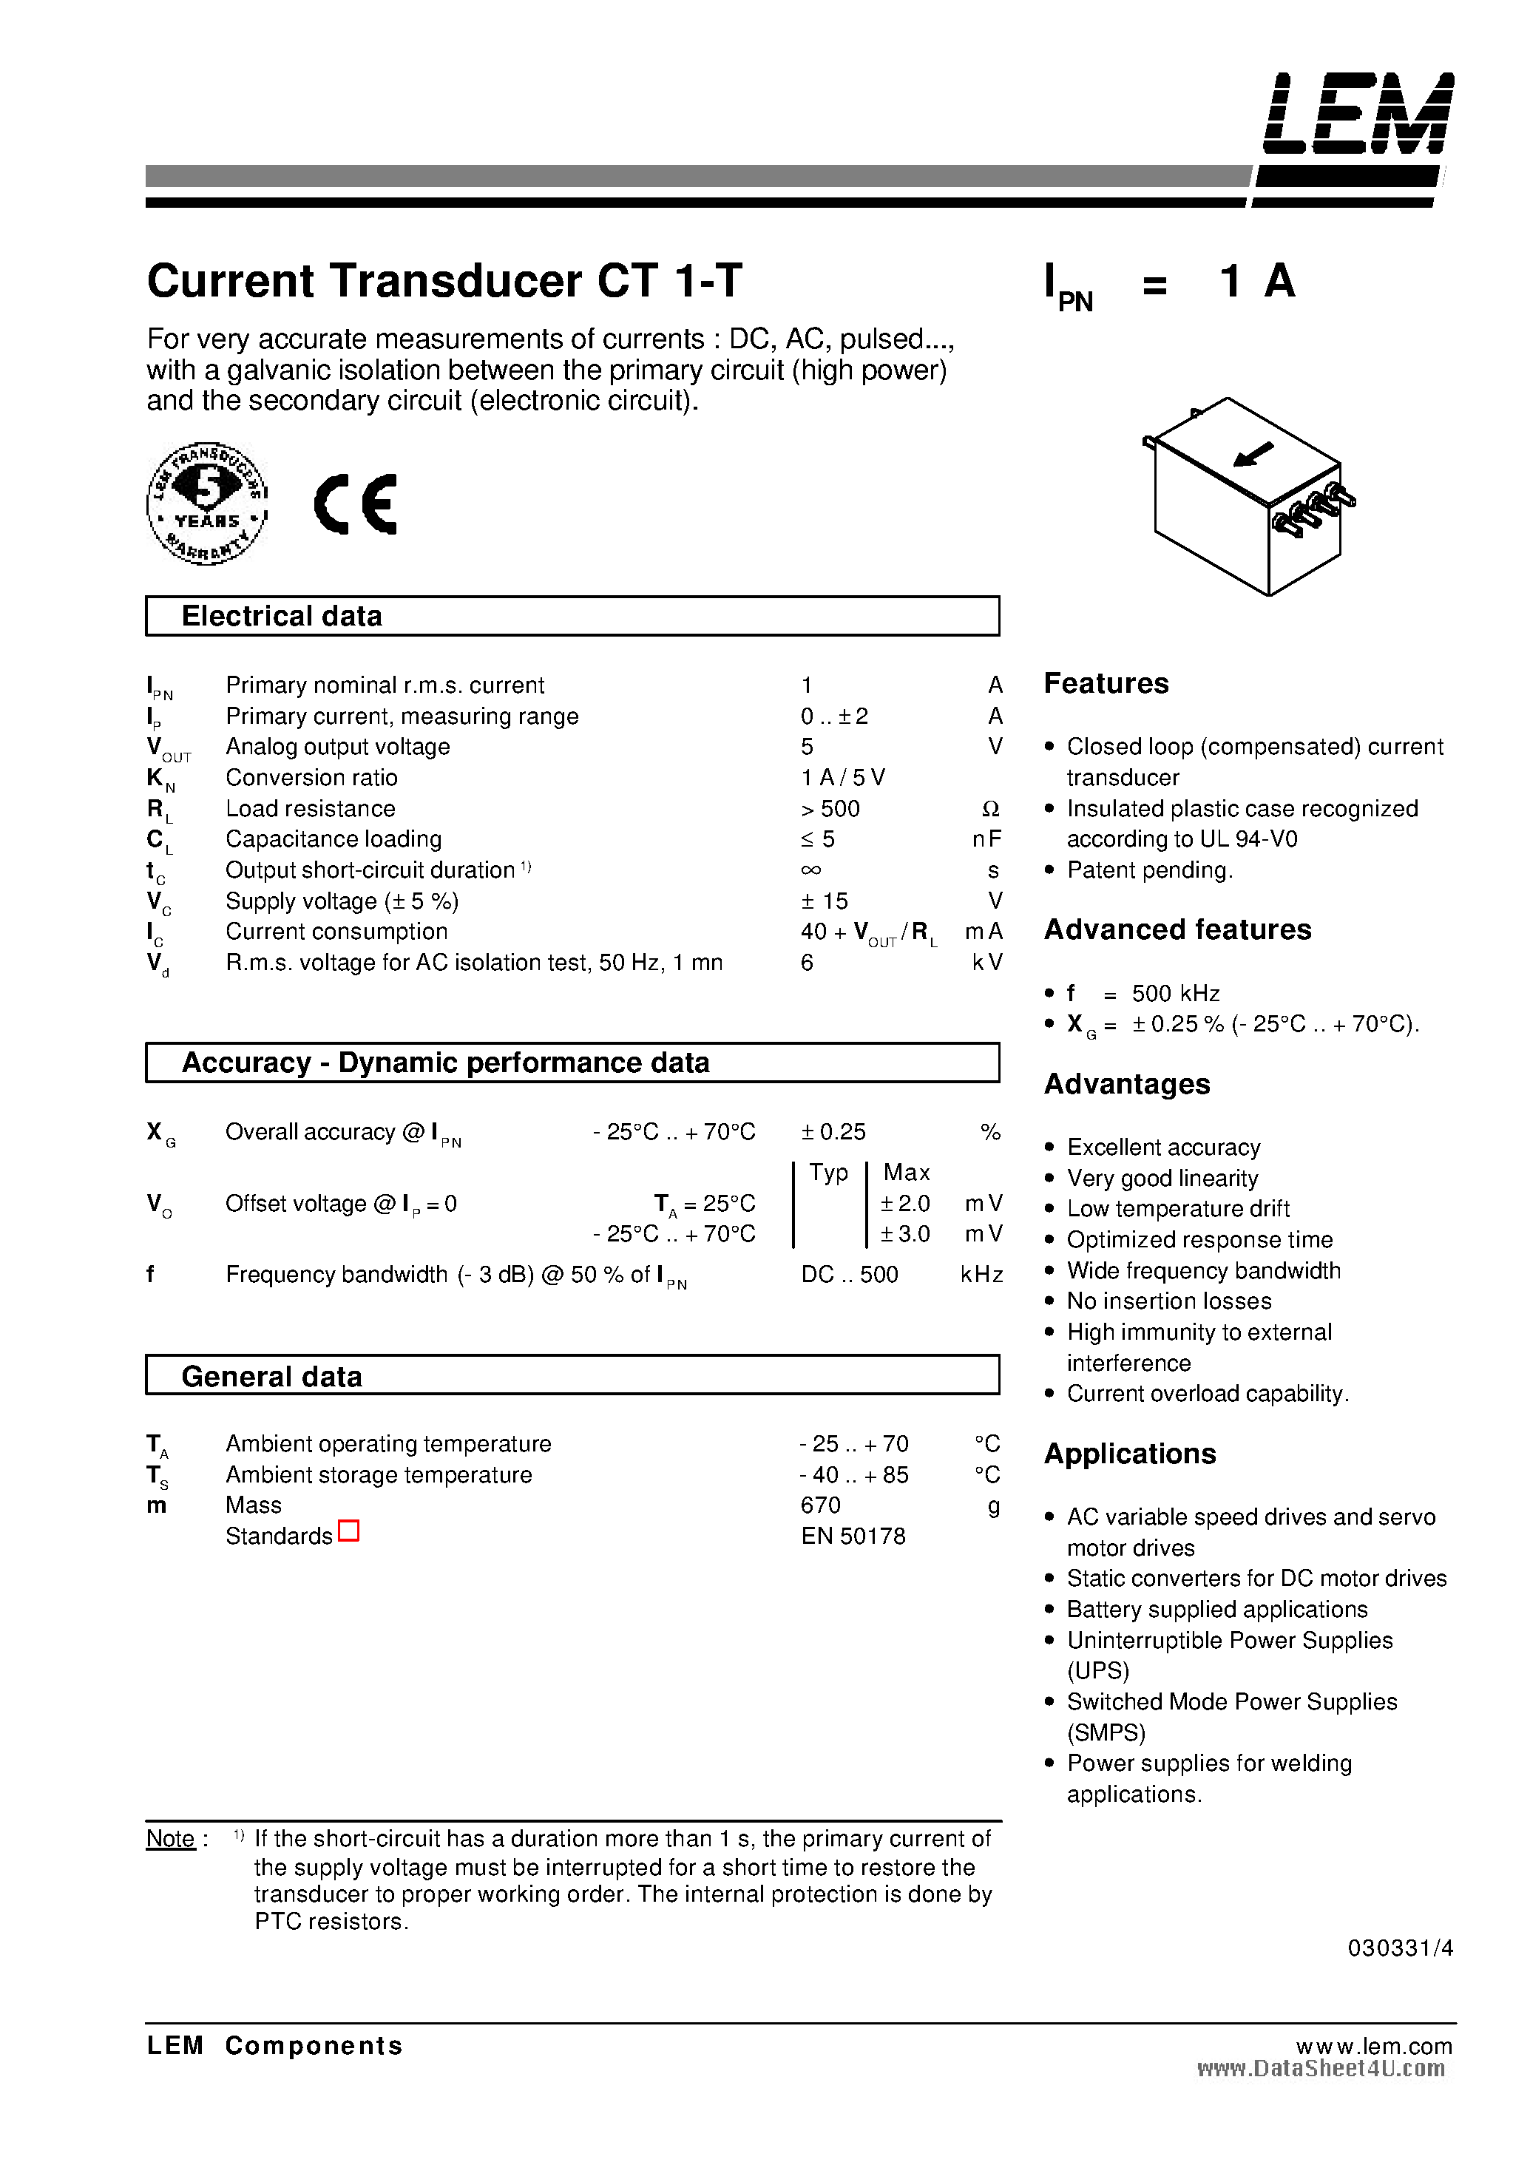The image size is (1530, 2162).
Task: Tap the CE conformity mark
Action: click(355, 504)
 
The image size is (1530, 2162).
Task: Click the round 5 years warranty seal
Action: click(207, 503)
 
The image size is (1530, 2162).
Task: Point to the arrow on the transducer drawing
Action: click(1253, 455)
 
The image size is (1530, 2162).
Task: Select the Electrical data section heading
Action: click(282, 616)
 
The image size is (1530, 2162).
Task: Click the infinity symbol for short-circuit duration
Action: click(810, 870)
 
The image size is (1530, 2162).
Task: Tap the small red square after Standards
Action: click(348, 1532)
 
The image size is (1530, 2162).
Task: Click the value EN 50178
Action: click(853, 1536)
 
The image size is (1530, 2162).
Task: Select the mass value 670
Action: click(821, 1505)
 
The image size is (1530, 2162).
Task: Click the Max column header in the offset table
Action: click(907, 1173)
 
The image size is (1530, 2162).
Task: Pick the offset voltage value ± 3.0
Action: click(904, 1234)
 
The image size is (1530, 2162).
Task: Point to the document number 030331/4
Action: click(1400, 1948)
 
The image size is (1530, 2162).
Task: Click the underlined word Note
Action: click(171, 1839)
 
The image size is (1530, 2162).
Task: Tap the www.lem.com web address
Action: click(1374, 2046)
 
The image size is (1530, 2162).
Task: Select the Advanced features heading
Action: click(1178, 930)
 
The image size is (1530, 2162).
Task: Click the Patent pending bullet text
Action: click(1149, 870)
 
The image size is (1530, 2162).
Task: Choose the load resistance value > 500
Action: click(830, 809)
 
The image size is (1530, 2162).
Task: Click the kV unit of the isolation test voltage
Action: click(987, 963)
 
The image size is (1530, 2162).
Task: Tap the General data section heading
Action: click(271, 1376)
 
